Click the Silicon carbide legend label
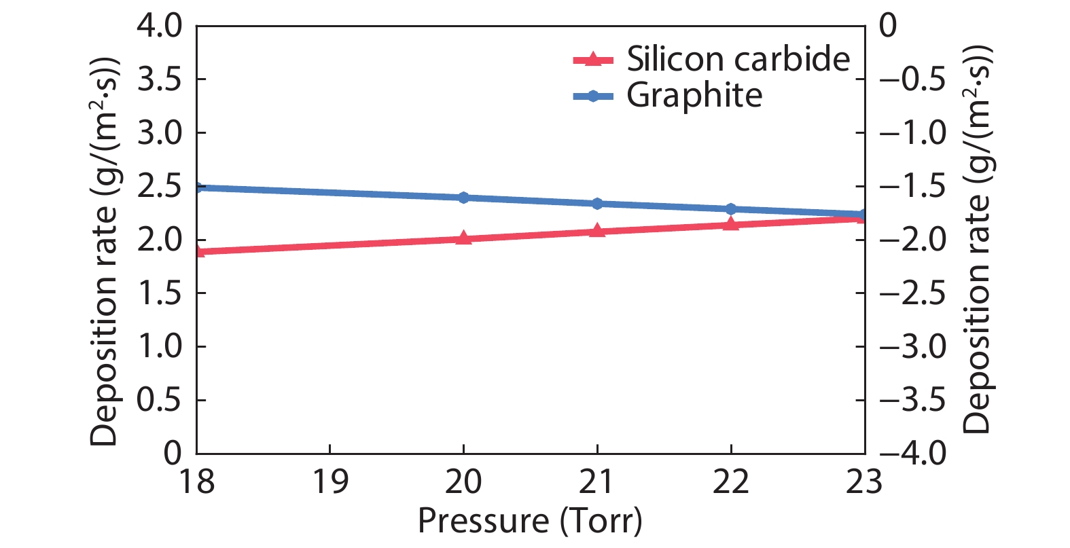pos(738,59)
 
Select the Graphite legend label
pos(694,95)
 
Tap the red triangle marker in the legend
pos(593,59)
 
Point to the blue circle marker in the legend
pos(593,96)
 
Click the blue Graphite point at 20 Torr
pos(463,198)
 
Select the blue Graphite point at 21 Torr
pos(597,204)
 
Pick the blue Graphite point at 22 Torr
pos(731,209)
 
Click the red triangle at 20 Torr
pos(463,238)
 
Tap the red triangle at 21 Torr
pos(597,231)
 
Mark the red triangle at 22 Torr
pos(731,223)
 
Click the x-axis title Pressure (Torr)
pos(530,522)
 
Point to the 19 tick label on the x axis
pos(330,481)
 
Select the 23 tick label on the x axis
pos(864,481)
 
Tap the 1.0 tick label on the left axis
pos(160,346)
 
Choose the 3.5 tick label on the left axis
pos(160,79)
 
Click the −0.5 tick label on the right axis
pos(912,79)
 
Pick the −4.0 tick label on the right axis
pos(912,453)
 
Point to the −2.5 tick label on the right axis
pos(912,293)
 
